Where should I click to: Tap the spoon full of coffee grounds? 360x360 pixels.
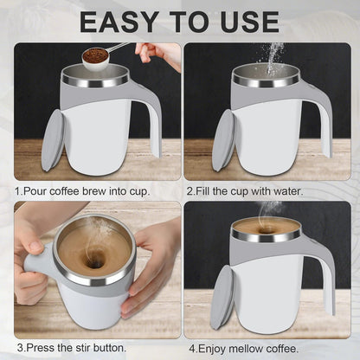tap(95, 56)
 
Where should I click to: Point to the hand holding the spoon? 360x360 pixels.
tap(160, 54)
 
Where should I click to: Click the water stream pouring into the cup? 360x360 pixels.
tap(273, 56)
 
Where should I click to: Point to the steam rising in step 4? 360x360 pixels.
tap(270, 210)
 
